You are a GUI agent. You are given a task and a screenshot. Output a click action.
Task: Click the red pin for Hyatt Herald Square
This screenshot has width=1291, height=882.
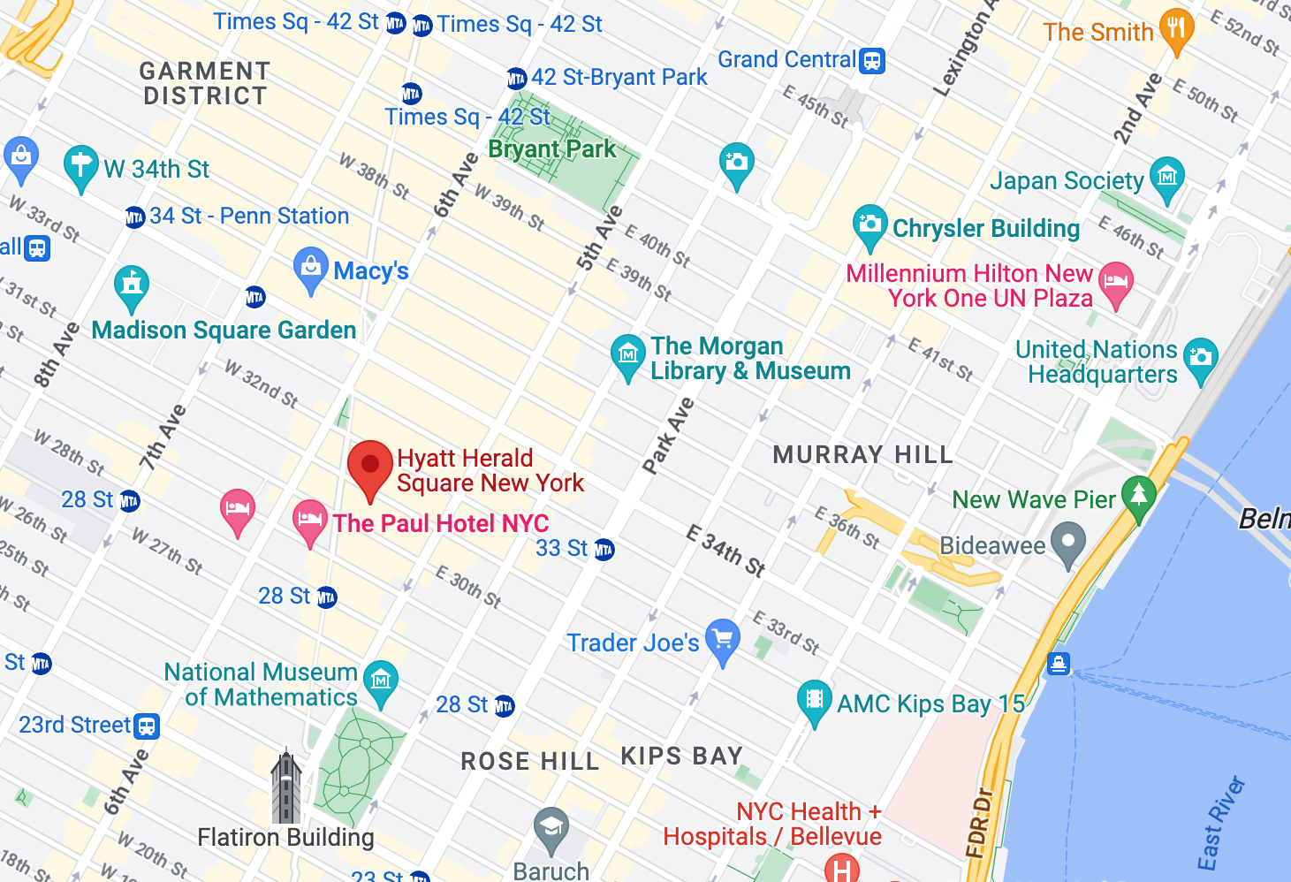pos(370,466)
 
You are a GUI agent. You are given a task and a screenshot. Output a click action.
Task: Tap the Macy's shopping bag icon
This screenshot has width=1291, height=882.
pos(310,268)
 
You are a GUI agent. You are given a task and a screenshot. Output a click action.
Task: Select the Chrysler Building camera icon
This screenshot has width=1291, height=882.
pos(870,224)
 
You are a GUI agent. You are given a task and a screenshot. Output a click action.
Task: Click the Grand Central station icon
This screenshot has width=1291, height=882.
pos(872,60)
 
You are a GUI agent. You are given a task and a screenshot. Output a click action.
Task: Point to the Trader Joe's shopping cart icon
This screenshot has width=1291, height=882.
pos(723,638)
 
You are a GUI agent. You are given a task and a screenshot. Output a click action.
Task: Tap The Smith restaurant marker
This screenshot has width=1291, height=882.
pos(1176,28)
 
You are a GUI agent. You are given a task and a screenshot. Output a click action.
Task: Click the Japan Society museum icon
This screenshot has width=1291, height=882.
pos(1166,177)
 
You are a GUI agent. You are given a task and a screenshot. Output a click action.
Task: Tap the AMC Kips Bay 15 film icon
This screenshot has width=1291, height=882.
pos(814,700)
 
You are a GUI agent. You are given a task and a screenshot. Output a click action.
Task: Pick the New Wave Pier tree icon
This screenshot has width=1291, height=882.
pos(1138,495)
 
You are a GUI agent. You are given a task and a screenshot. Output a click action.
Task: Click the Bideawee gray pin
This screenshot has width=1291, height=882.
pos(1068,543)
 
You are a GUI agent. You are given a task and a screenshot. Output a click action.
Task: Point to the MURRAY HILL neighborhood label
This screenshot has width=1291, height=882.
pos(862,455)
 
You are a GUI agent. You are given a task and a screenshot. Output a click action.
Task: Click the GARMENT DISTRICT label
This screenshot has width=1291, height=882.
pos(205,83)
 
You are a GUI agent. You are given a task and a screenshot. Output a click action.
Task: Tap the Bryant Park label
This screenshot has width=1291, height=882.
pos(552,148)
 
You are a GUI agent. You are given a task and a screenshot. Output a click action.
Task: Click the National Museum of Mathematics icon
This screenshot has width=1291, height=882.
pos(381,681)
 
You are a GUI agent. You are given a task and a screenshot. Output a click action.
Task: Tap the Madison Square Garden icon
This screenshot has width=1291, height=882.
pos(132,285)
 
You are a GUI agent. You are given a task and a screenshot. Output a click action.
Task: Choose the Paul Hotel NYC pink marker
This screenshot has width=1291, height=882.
pos(309,519)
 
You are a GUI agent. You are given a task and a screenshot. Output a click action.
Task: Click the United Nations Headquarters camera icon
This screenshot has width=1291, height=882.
pos(1200,357)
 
